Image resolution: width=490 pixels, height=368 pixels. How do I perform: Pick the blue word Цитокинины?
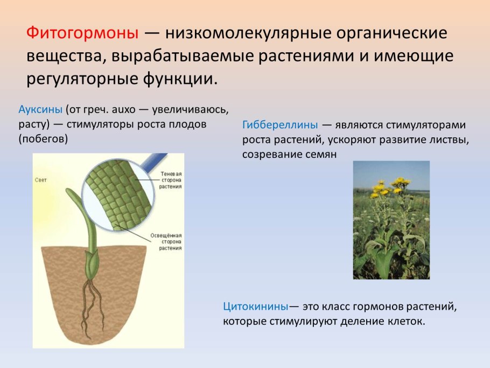pyautogui.click(x=255, y=307)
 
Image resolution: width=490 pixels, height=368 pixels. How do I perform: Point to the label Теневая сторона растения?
pyautogui.click(x=170, y=180)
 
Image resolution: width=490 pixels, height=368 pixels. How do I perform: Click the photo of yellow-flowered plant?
pyautogui.click(x=391, y=220)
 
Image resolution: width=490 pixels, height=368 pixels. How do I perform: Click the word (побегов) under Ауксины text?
pyautogui.click(x=43, y=139)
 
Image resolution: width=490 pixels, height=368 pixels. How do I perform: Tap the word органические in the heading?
pyautogui.click(x=388, y=33)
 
